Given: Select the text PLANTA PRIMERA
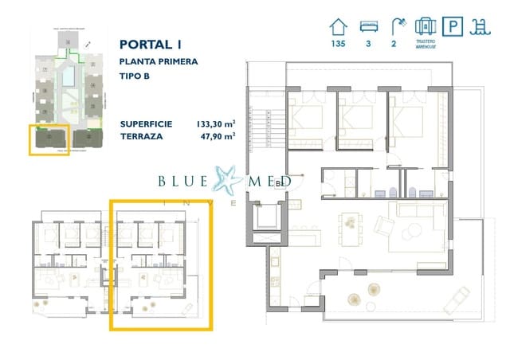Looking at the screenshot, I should click(159, 61).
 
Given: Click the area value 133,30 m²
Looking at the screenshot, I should click(215, 124).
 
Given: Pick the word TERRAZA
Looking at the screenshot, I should click(141, 137).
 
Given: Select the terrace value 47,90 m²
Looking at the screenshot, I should click(216, 137).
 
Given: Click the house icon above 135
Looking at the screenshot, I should click(338, 25).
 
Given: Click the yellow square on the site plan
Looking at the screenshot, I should click(49, 139).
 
